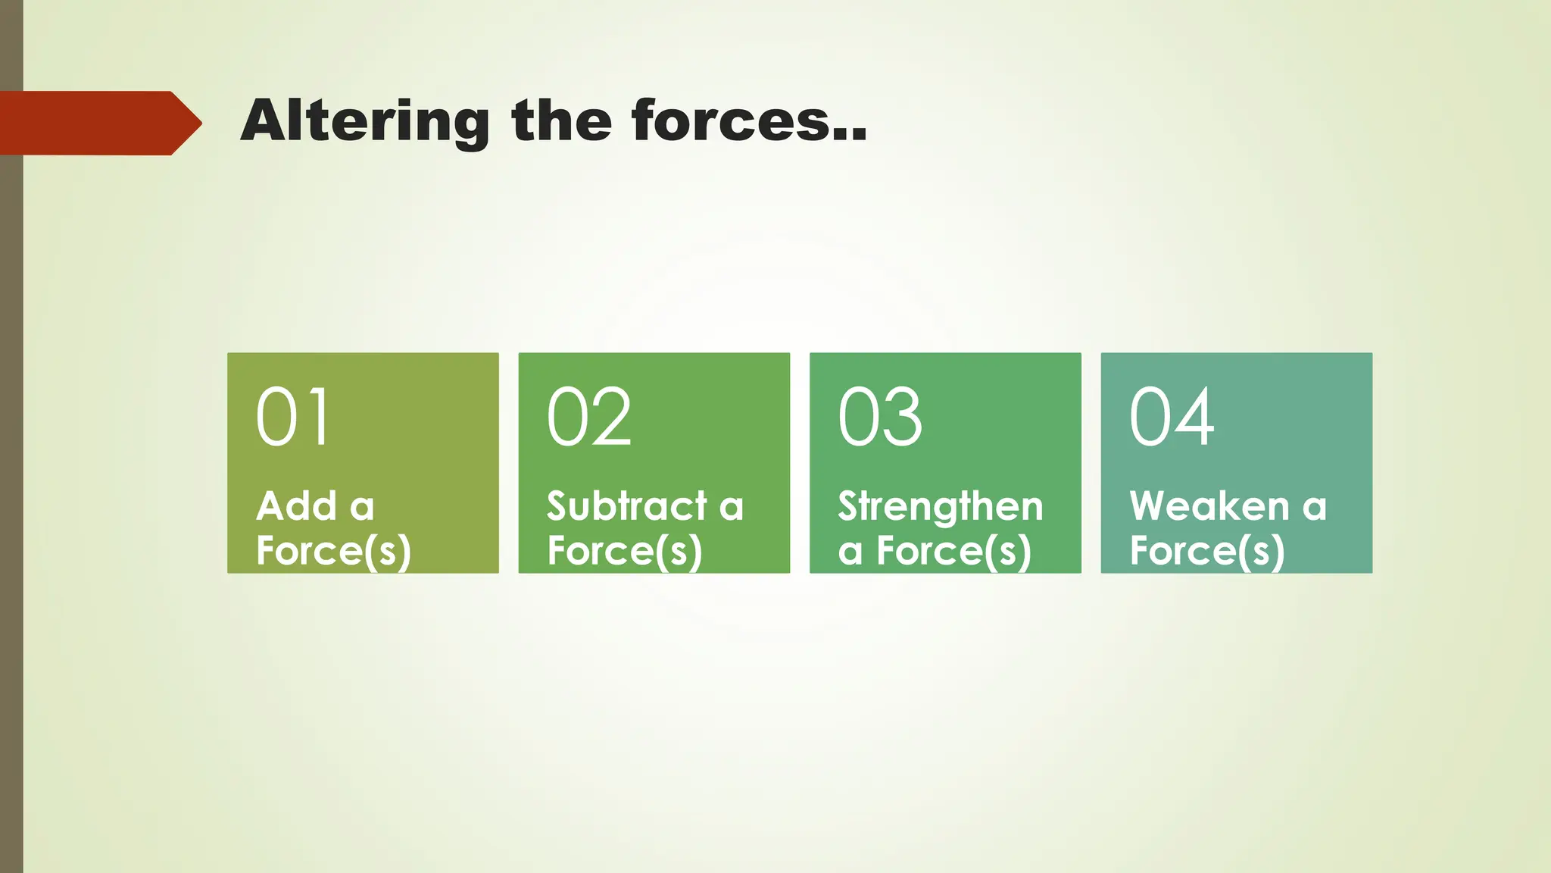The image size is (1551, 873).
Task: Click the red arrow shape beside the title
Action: (98, 123)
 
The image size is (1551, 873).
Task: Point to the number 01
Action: (293, 416)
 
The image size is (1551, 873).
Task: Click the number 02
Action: (589, 416)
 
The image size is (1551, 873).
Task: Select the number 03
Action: (880, 416)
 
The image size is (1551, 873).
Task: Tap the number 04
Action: (1172, 416)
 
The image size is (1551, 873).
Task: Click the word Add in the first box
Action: (296, 505)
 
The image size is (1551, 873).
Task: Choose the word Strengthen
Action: (941, 507)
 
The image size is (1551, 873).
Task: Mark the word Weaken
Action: (1209, 505)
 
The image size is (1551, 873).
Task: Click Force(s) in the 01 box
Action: (334, 550)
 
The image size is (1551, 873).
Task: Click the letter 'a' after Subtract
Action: (732, 507)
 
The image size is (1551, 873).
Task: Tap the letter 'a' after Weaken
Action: (1315, 507)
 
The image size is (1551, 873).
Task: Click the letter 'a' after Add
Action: (362, 507)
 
